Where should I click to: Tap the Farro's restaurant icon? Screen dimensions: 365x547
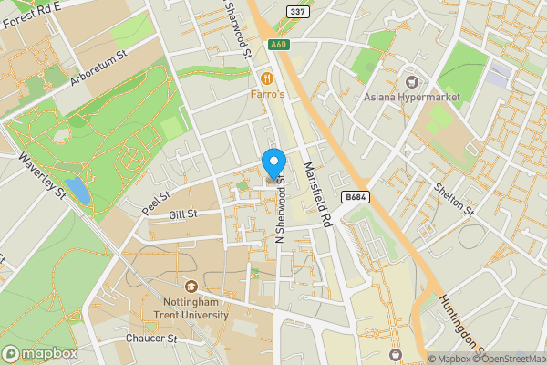click(267, 78)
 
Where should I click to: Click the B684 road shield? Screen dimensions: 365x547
click(357, 197)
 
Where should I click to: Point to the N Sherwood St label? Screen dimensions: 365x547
click(281, 209)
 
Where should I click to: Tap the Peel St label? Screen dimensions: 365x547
click(157, 196)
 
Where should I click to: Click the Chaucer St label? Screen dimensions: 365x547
click(150, 339)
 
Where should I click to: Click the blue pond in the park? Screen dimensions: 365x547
click(78, 191)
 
